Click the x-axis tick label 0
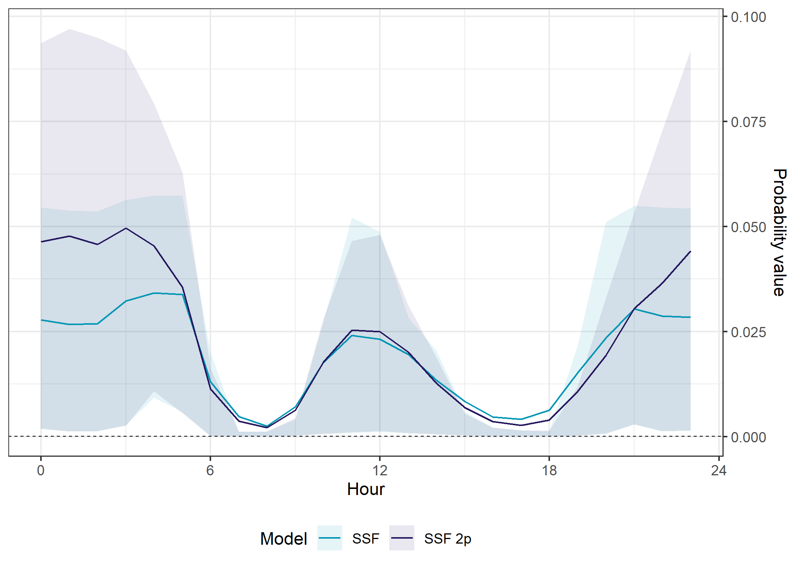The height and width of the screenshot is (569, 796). [x=41, y=470]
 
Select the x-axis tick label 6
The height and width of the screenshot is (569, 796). [x=210, y=470]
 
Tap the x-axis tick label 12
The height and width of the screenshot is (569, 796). [x=380, y=470]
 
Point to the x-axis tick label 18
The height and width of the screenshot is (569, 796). [x=549, y=470]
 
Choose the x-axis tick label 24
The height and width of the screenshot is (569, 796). [x=719, y=470]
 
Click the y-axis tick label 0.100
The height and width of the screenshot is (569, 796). [x=748, y=17]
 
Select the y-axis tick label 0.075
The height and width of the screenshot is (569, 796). [x=748, y=122]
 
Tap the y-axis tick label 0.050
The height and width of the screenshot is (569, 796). [x=748, y=227]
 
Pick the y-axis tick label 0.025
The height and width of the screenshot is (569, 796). [x=748, y=332]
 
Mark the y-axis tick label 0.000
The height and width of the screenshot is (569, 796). [x=748, y=437]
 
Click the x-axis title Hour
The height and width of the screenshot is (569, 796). [x=366, y=489]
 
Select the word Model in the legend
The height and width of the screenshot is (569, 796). [x=284, y=539]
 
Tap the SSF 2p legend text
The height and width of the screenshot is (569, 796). [x=448, y=539]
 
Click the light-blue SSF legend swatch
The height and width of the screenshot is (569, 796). [x=329, y=538]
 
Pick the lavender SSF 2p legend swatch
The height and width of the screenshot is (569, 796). [x=401, y=538]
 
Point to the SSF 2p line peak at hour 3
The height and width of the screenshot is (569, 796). [x=126, y=228]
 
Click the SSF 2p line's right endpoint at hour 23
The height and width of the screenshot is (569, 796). [x=691, y=251]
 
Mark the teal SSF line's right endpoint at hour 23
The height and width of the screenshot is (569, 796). [x=691, y=317]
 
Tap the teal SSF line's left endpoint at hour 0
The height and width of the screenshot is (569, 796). [x=41, y=320]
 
